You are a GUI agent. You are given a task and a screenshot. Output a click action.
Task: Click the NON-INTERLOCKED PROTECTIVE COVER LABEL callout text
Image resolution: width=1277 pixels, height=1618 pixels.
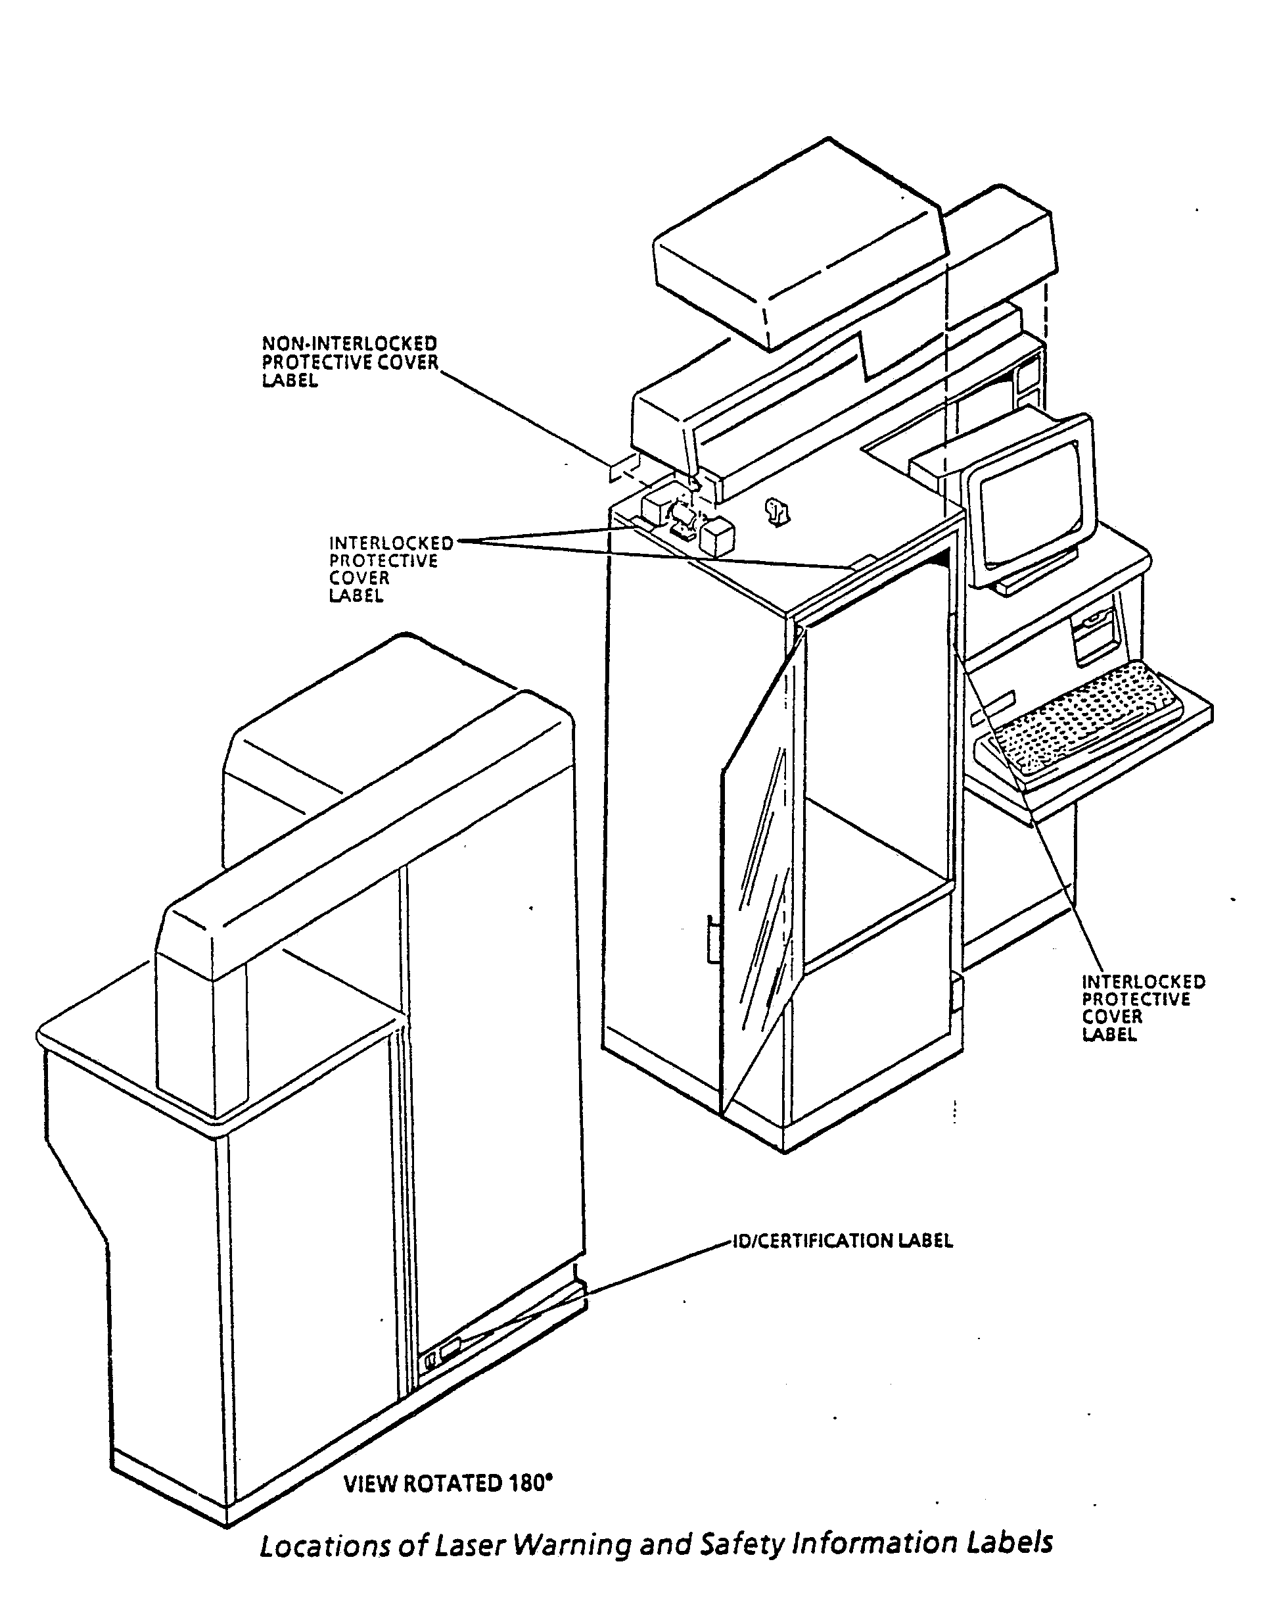click(348, 362)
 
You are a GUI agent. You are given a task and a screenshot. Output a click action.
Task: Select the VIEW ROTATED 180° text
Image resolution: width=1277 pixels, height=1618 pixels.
click(447, 1483)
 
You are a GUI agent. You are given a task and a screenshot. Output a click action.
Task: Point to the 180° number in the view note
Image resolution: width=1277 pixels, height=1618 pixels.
click(530, 1483)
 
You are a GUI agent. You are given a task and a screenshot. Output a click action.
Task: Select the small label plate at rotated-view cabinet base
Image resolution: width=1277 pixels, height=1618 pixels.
click(451, 1350)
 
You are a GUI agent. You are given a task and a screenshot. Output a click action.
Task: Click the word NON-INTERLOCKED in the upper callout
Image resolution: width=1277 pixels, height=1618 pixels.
click(348, 344)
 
